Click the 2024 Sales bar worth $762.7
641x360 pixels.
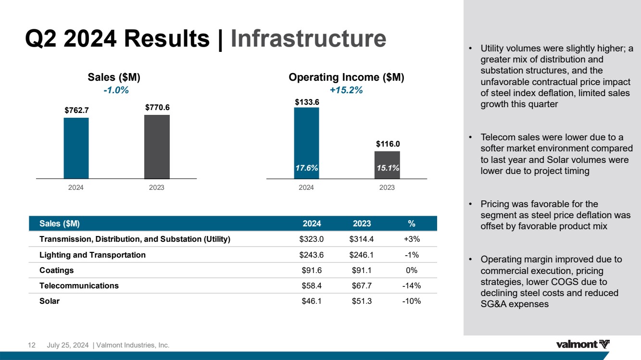point(76,148)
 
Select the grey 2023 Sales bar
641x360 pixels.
point(157,147)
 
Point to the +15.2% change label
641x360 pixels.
point(346,90)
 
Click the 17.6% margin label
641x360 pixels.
point(307,168)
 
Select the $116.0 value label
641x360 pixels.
point(388,143)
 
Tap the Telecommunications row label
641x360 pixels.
point(79,286)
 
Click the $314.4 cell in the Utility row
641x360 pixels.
point(362,239)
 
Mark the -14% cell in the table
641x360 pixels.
point(411,286)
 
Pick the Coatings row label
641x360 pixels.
point(57,270)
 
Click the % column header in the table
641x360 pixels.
point(411,223)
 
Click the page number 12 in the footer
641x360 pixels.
point(32,345)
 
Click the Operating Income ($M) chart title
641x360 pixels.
point(346,77)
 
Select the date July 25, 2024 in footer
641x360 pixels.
point(67,345)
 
